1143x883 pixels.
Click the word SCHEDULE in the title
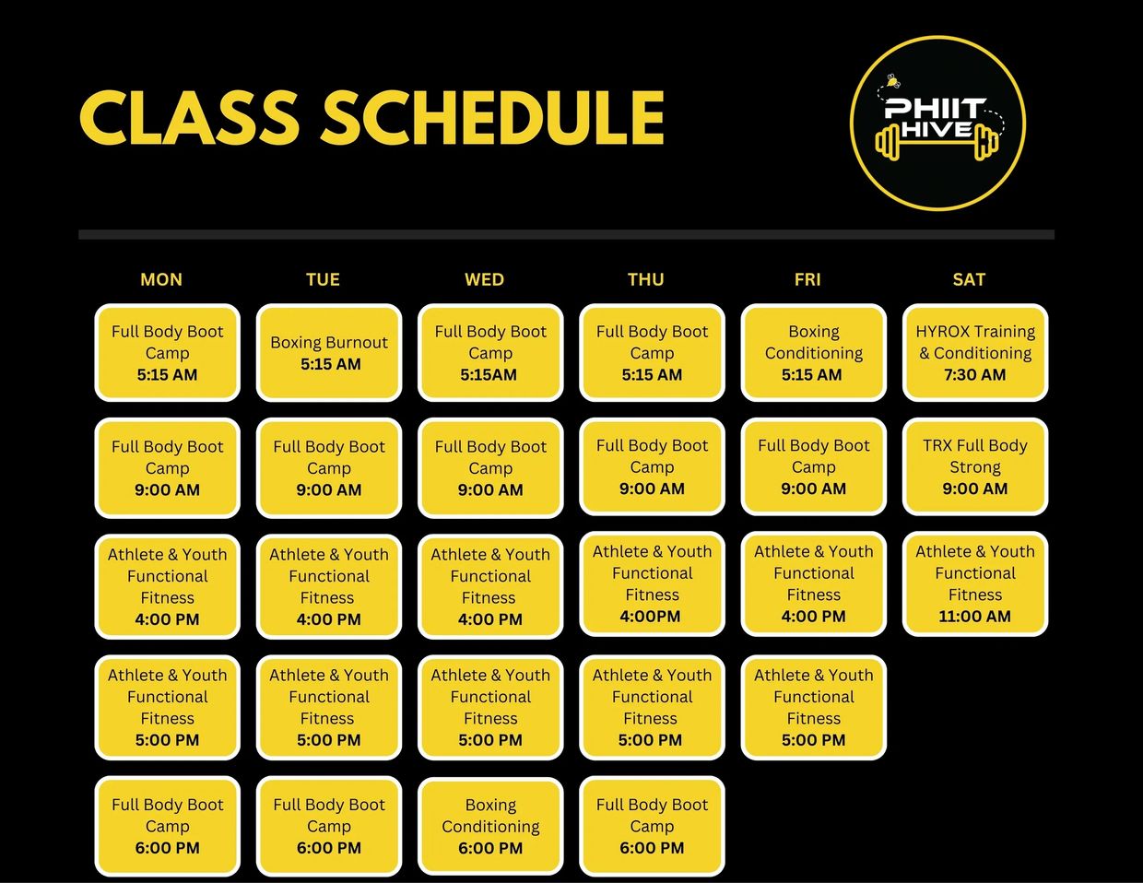point(492,118)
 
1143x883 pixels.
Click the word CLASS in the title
point(189,118)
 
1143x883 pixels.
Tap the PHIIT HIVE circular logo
point(937,124)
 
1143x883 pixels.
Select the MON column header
point(161,279)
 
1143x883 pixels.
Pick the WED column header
point(484,279)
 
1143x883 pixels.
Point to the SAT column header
point(969,279)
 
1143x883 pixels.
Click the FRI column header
point(807,279)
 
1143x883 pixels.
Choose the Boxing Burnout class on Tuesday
point(329,353)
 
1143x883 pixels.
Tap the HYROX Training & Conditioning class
point(975,353)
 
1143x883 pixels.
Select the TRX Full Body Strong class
point(975,467)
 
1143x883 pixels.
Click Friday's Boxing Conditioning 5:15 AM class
point(813,353)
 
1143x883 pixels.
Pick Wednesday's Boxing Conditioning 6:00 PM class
point(490,826)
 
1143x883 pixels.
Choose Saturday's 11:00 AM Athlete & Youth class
point(975,583)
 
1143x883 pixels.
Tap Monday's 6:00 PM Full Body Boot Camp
point(167,826)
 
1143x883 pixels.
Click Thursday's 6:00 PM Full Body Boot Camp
point(652,826)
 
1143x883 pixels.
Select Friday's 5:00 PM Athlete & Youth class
point(813,707)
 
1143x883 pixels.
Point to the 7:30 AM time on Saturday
point(974,375)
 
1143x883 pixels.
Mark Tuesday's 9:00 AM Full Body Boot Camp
point(329,467)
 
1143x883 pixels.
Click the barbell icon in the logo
point(937,143)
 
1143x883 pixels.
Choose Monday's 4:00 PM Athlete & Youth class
point(167,586)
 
